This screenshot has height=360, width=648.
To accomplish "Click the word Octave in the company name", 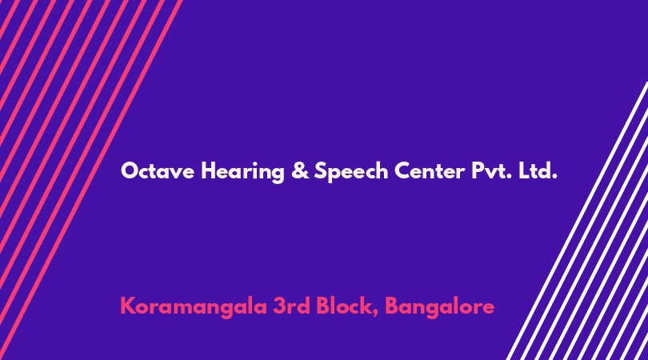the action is [x=158, y=170].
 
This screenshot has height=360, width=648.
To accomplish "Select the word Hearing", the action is [x=242, y=171].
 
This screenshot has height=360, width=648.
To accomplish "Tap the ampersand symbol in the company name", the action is [x=300, y=170].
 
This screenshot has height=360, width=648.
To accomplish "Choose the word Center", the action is [x=430, y=170].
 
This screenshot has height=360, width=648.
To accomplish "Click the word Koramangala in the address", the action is [x=194, y=307].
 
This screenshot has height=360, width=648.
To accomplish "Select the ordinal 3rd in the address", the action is [x=292, y=306].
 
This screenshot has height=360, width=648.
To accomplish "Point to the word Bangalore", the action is [x=439, y=307].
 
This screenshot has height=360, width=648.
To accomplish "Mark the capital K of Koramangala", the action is [x=128, y=306].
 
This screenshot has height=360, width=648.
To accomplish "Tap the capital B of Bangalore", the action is [x=392, y=306].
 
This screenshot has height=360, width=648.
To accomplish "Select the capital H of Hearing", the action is [x=209, y=170].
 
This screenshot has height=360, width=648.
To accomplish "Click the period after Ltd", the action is [x=554, y=177].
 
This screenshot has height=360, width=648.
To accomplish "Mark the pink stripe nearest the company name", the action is [x=90, y=180].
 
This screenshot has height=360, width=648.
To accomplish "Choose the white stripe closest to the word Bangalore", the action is [x=577, y=221].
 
